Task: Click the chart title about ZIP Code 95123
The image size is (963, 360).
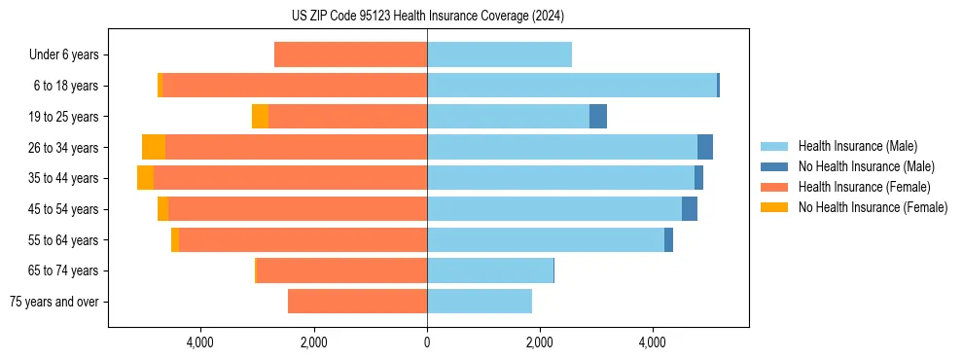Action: (x=427, y=17)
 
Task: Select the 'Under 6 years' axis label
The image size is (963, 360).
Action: (x=63, y=54)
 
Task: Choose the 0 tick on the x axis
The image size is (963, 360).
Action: (x=427, y=343)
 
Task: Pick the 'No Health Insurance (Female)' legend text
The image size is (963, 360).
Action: (x=873, y=207)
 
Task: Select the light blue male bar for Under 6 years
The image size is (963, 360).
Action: (x=499, y=54)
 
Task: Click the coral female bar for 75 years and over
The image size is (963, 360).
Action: (x=357, y=302)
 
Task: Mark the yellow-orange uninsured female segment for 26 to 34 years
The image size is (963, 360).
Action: (x=154, y=147)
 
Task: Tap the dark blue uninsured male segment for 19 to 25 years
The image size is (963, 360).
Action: (x=598, y=117)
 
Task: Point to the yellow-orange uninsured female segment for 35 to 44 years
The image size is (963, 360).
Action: (x=145, y=178)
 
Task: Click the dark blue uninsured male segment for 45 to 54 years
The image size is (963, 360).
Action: (x=690, y=209)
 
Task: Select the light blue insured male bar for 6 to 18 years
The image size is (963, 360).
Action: (x=572, y=86)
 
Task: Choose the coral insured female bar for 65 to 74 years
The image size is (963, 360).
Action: (x=341, y=270)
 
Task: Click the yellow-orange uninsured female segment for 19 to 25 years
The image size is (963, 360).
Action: (x=260, y=117)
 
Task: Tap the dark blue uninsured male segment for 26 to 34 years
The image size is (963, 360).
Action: (x=705, y=147)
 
